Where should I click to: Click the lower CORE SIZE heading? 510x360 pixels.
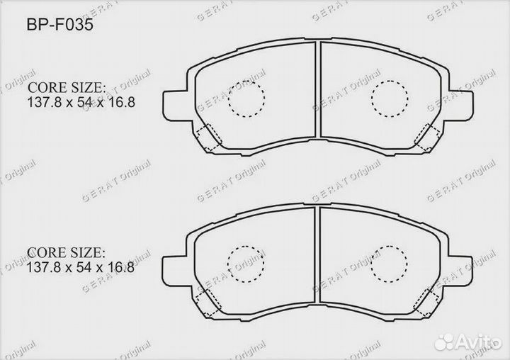pos(67,252)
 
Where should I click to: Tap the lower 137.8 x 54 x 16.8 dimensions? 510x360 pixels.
pos(81,268)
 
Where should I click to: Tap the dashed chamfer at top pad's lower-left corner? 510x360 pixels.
pos(208,136)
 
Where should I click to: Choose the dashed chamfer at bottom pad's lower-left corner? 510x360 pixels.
pos(208,301)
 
